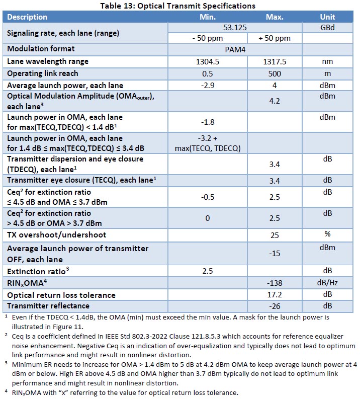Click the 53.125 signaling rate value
(234, 28)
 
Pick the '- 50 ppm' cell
(207, 38)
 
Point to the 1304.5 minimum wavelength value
(207, 61)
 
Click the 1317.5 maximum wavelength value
(275, 61)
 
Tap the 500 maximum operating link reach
(275, 73)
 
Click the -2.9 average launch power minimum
(207, 86)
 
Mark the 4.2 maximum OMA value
(275, 101)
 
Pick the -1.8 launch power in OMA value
(207, 122)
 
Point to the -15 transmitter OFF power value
(275, 254)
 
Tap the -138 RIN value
(275, 283)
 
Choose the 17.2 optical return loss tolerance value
(275, 295)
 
